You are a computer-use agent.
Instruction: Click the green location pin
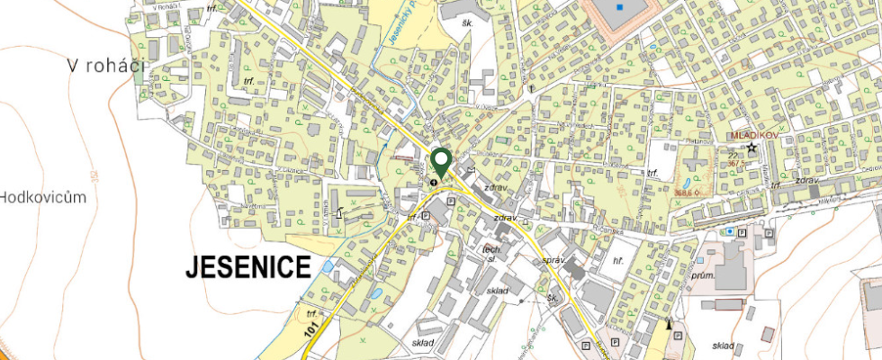point(441,161)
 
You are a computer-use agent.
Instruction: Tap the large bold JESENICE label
point(247,266)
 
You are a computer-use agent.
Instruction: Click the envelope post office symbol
point(472,167)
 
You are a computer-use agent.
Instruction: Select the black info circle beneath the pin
point(435,181)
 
